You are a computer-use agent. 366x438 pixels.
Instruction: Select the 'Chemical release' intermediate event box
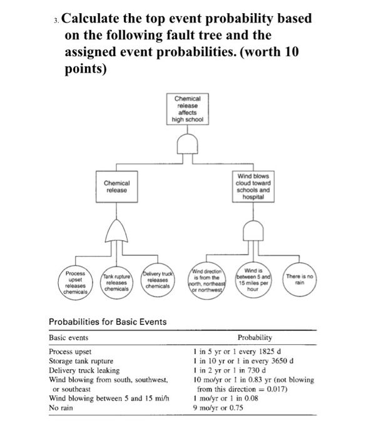click(116, 186)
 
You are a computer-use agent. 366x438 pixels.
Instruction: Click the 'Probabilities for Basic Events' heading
click(108, 322)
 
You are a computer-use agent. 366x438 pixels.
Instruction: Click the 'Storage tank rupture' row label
click(81, 360)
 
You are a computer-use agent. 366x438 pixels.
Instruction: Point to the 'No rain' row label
click(61, 407)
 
